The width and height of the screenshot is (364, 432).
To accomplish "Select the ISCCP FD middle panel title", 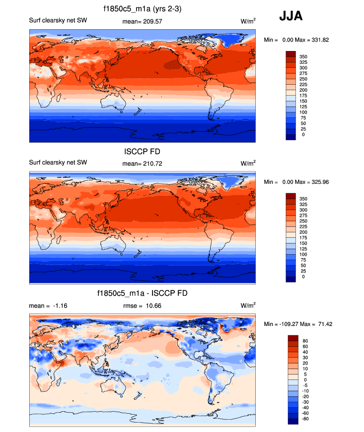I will tap(142, 151).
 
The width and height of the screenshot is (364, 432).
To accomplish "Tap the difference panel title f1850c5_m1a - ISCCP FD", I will tap(142, 293).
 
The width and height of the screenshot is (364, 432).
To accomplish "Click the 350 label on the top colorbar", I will tap(303, 57).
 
